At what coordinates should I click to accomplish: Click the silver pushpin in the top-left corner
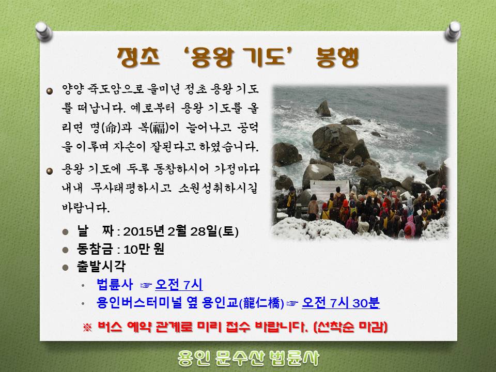[x=43, y=32]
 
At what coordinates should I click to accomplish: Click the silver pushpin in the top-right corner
[x=453, y=31]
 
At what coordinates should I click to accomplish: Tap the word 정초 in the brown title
[x=138, y=57]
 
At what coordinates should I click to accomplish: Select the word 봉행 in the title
[x=337, y=57]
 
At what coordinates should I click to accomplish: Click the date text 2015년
[x=144, y=231]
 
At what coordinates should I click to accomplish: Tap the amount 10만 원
[x=144, y=249]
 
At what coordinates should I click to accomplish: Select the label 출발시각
[x=101, y=267]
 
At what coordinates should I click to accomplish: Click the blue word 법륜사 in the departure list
[x=115, y=284]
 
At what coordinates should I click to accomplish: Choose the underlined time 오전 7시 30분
[x=340, y=303]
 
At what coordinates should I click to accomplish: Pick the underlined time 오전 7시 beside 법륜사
[x=179, y=284]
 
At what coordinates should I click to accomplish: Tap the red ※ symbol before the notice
[x=87, y=327]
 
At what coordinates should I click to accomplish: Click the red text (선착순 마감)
[x=350, y=327]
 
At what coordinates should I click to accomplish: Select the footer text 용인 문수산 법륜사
[x=249, y=358]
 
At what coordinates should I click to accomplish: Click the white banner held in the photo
[x=329, y=189]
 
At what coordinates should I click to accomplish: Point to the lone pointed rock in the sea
[x=323, y=109]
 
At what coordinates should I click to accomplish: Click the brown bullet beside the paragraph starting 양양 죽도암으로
[x=50, y=91]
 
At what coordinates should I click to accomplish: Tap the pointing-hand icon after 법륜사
[x=146, y=285]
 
